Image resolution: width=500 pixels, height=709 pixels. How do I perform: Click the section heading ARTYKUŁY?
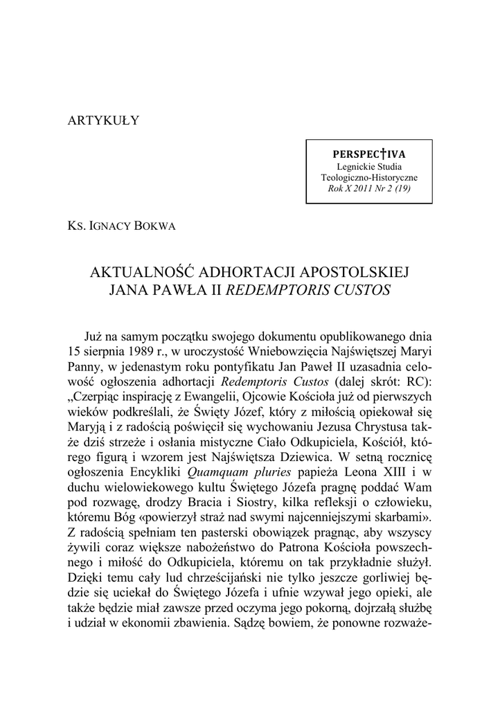click(103, 121)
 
